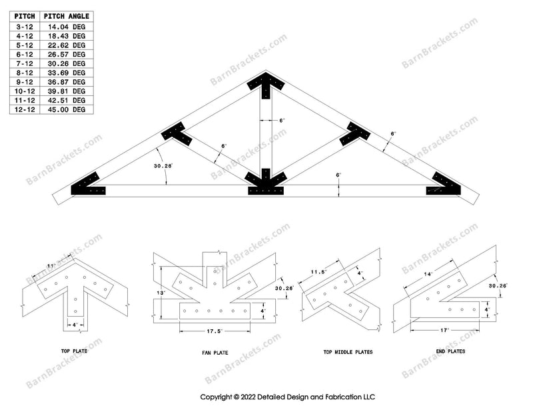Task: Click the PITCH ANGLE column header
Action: pos(67,16)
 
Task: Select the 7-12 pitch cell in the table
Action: pos(24,63)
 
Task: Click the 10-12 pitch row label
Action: pos(24,91)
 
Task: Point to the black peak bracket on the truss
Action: pos(266,85)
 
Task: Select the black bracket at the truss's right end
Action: pos(444,185)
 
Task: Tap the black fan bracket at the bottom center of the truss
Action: pos(266,183)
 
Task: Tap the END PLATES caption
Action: pos(451,350)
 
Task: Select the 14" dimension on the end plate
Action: pos(427,274)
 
